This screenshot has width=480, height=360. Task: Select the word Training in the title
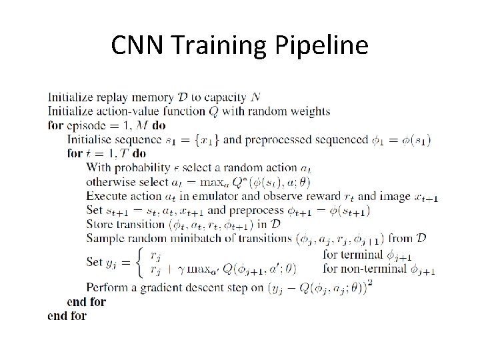[x=220, y=45]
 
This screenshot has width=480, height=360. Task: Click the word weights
[x=309, y=111]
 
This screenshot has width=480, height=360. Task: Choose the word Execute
[x=107, y=196]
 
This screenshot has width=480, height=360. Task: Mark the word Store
[x=100, y=223]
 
